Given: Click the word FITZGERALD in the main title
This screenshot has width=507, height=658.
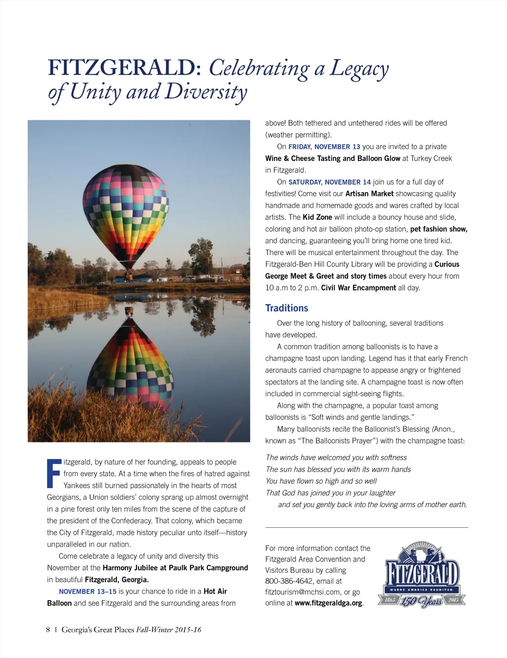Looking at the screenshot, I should point(124,68).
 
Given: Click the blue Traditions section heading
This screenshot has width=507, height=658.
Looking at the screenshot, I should point(287,308).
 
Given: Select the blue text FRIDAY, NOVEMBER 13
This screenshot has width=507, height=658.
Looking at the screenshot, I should point(324,147).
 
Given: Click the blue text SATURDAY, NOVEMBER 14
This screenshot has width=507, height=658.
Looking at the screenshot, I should point(329,182).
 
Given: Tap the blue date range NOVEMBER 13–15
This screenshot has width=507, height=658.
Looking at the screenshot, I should point(88,592).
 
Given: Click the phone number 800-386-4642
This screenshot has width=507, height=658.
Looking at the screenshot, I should point(289,581).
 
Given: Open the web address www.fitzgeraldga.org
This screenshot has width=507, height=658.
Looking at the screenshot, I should point(328,603).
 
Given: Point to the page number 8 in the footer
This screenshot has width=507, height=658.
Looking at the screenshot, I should point(48,630).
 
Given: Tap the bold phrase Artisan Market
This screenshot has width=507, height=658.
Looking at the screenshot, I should point(369,194).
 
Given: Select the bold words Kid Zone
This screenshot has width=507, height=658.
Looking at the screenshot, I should point(317,217).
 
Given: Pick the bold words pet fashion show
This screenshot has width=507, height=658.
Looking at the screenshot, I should point(439,229).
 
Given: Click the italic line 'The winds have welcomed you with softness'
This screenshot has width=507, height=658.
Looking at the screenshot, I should point(336,457).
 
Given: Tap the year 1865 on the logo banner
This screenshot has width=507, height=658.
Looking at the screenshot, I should point(390,600).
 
